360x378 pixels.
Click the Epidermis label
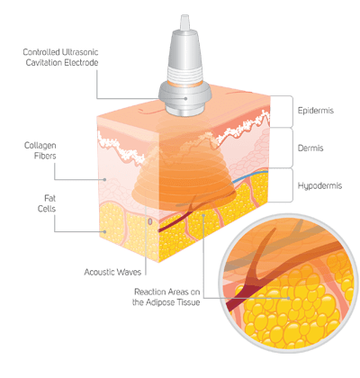click(315, 111)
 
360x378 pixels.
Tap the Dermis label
click(310, 148)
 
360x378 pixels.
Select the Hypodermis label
click(319, 186)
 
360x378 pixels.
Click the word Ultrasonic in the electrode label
click(80, 52)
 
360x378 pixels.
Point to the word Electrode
click(79, 63)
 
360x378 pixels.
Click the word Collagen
click(40, 146)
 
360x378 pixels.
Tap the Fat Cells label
click(47, 203)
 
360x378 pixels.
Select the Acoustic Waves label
click(112, 272)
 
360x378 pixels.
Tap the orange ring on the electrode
click(184, 84)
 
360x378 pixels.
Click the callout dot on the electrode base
click(186, 98)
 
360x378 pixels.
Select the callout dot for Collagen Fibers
click(104, 179)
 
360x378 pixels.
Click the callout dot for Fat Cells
click(104, 231)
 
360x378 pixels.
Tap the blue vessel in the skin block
click(249, 175)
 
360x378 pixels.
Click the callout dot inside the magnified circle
click(288, 298)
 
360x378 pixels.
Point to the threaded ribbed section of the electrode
click(184, 74)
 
